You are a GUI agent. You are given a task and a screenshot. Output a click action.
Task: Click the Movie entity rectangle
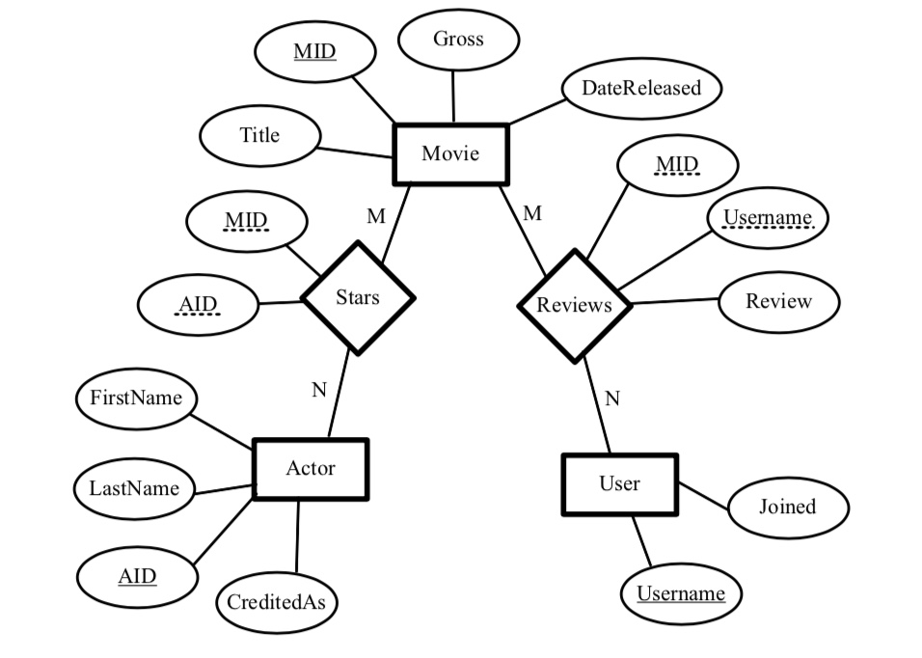[450, 154]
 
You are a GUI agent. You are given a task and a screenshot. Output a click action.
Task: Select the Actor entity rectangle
[311, 470]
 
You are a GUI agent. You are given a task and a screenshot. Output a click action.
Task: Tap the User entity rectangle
[619, 484]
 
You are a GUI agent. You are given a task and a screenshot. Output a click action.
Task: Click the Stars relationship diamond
[358, 298]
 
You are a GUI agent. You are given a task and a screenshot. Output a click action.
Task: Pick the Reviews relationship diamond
[575, 306]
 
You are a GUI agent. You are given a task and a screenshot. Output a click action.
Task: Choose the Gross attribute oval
[458, 40]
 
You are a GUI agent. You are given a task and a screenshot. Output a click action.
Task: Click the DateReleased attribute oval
[641, 89]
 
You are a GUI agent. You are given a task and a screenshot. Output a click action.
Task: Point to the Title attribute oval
[259, 136]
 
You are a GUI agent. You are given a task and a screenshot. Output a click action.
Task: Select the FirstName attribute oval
[136, 398]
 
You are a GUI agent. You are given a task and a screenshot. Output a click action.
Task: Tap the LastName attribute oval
[134, 489]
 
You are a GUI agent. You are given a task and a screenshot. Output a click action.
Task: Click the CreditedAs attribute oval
[276, 603]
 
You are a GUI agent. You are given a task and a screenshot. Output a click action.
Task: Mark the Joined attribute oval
[787, 507]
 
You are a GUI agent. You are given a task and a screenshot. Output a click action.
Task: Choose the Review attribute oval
[778, 302]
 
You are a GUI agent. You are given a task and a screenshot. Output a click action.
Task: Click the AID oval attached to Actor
[137, 577]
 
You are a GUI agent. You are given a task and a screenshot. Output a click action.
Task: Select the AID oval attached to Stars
[199, 306]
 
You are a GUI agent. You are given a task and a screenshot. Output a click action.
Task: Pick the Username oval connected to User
[681, 594]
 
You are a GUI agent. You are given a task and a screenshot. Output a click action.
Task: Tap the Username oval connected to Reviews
[768, 218]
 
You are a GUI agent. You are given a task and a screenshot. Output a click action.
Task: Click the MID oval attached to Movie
[314, 51]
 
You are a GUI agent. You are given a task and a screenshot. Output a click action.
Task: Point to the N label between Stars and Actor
[319, 391]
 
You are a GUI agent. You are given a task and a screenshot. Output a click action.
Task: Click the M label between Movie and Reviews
[532, 214]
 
